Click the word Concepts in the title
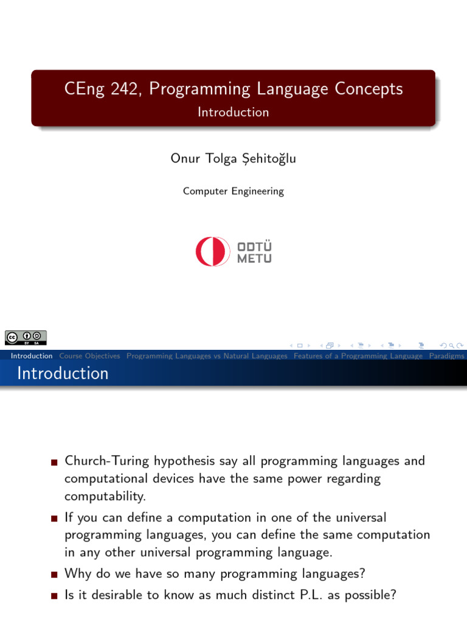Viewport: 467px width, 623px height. click(368, 89)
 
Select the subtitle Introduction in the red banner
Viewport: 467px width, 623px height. click(233, 112)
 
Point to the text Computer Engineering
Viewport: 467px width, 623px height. click(233, 191)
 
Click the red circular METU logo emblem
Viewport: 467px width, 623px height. click(212, 251)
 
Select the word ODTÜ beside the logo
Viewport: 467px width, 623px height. click(254, 246)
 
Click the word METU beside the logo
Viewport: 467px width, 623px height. click(254, 259)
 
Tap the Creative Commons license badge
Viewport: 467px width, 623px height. click(26, 337)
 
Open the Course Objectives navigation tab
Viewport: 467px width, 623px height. click(89, 356)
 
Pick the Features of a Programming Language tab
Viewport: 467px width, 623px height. click(358, 356)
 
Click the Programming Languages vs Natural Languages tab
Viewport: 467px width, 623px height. click(207, 356)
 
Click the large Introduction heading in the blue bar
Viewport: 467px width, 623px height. click(63, 373)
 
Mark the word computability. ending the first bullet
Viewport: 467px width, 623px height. click(105, 496)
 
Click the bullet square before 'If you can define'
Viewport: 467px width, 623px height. click(55, 519)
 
